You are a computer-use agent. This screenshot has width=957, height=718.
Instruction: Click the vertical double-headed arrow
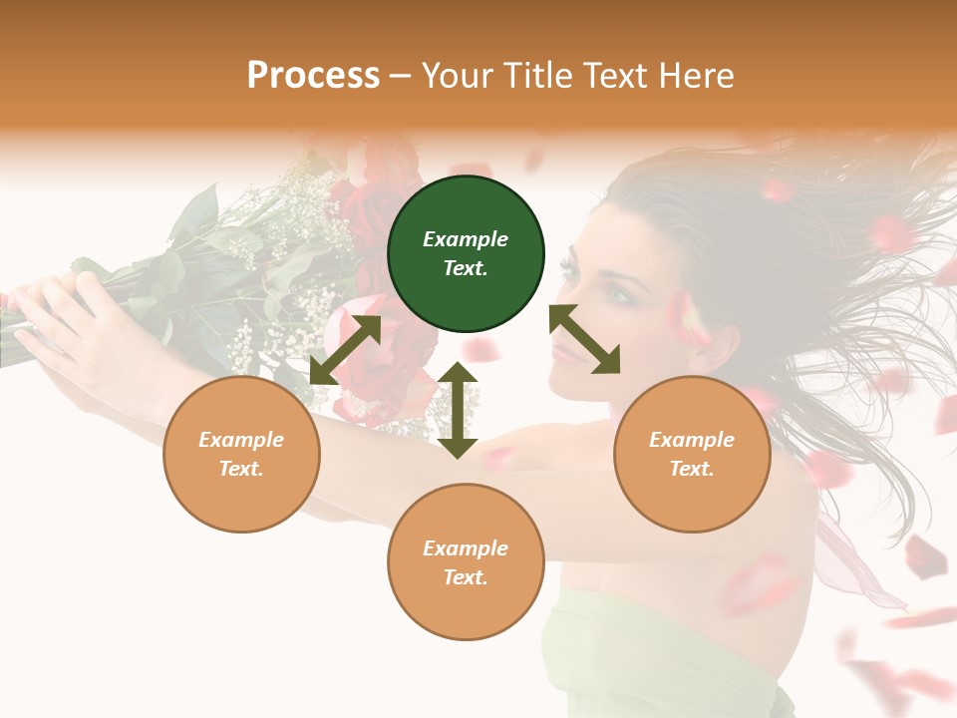[458, 410]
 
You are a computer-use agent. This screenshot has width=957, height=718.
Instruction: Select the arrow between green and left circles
[345, 350]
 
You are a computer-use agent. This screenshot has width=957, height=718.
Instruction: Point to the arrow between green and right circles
[584, 339]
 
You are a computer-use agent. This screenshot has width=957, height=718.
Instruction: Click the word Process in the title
[313, 75]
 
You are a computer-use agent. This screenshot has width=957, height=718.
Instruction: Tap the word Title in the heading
[539, 75]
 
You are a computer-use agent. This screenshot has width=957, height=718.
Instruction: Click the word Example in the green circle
[466, 239]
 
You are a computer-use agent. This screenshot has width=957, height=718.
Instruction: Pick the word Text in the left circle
[241, 469]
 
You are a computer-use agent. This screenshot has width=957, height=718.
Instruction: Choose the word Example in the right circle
[692, 440]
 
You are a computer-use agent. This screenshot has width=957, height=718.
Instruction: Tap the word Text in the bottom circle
[466, 577]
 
